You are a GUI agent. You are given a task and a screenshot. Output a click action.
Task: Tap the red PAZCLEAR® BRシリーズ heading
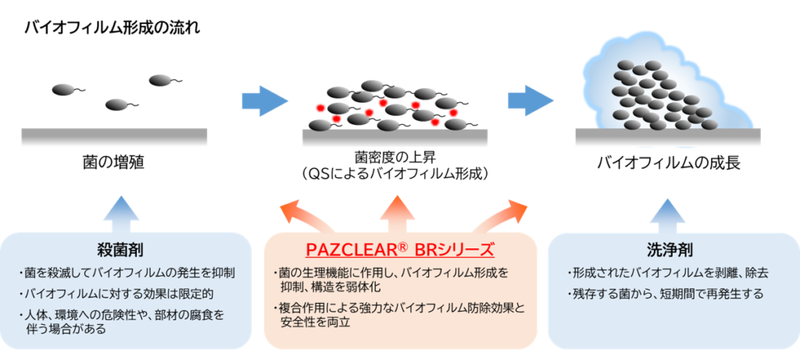[x=400, y=250]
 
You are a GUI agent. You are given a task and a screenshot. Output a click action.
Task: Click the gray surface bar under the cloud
[x=667, y=137]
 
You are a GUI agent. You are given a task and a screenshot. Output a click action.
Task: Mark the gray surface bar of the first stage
[x=114, y=137]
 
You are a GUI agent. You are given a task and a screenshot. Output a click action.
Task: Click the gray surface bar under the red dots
[x=395, y=137]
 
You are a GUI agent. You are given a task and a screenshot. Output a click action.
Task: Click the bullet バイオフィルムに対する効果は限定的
[x=118, y=294]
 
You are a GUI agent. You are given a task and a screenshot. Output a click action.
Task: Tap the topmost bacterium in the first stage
[x=160, y=79]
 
